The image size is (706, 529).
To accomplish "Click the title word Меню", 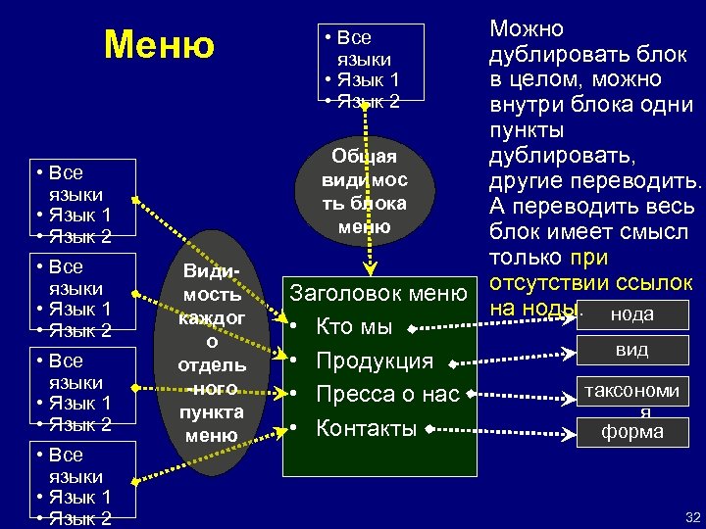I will (x=159, y=44).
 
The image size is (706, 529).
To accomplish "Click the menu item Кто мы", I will (x=354, y=326).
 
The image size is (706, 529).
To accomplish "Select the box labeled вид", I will (x=631, y=349).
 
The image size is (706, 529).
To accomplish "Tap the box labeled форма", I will (x=631, y=431).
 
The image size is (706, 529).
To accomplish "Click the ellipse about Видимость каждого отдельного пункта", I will (x=212, y=351).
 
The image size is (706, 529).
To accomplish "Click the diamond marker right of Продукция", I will (x=453, y=363).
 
